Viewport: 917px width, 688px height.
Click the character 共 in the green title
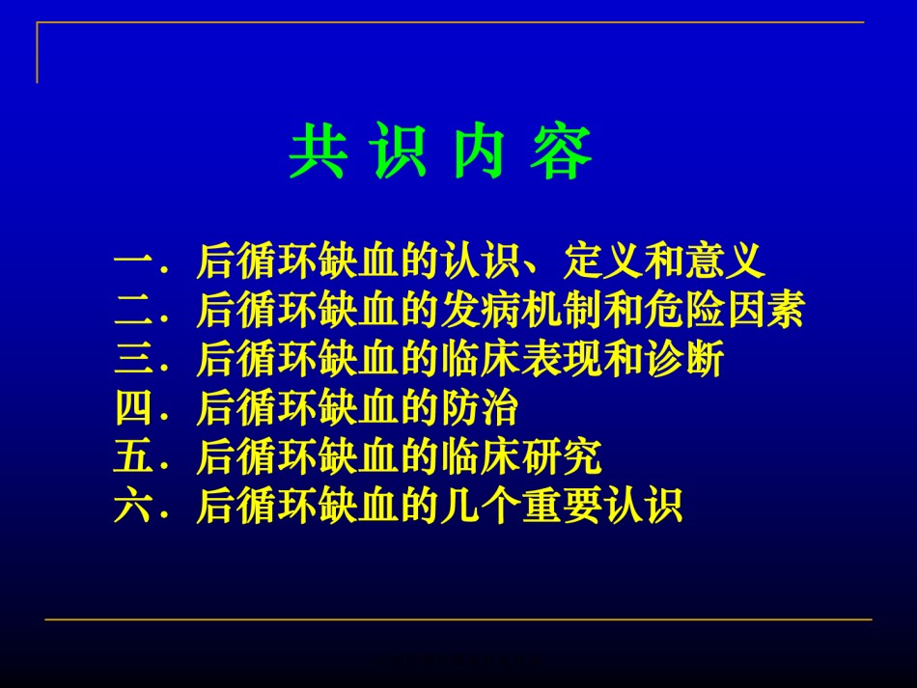(319, 151)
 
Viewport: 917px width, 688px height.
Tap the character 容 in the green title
(562, 151)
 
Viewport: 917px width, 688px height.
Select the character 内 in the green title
(480, 151)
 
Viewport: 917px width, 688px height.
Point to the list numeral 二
(134, 309)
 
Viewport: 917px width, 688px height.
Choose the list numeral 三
(134, 358)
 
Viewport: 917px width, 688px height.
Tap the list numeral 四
(134, 407)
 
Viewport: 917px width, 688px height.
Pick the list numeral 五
(134, 456)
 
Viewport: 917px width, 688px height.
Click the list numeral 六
(134, 505)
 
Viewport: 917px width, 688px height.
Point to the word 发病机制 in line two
(521, 309)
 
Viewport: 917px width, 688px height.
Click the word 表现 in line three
(563, 358)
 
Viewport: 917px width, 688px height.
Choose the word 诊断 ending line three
(684, 358)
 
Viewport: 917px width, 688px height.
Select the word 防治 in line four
(480, 407)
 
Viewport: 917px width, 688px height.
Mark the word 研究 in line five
(563, 456)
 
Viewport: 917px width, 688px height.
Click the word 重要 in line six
(563, 506)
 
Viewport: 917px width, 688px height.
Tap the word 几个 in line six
(481, 506)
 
